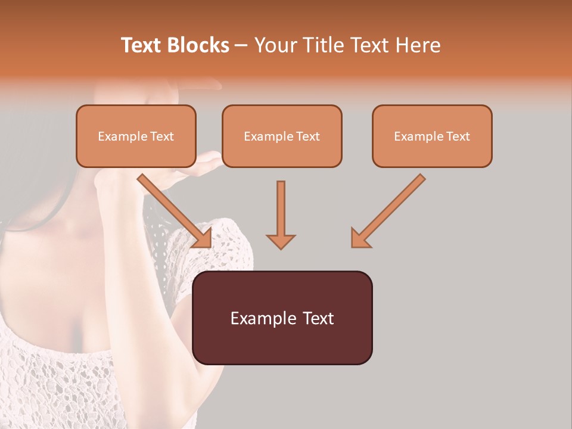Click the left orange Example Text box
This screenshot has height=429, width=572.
tap(136, 136)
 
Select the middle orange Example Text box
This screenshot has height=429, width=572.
tap(282, 136)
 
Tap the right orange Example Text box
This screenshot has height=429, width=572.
tap(432, 136)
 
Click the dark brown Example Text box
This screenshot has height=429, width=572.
tap(282, 318)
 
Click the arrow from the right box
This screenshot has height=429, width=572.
tap(390, 209)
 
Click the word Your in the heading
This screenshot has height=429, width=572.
tap(275, 45)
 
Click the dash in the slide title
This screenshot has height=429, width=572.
tap(241, 46)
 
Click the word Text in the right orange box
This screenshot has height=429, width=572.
tap(458, 136)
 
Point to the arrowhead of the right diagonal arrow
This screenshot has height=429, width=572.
tap(360, 238)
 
